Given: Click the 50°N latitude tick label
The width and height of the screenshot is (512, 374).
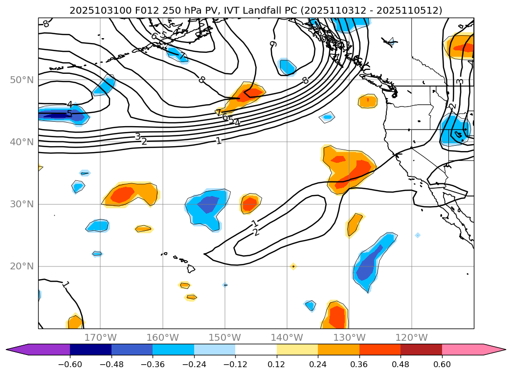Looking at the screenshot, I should [x=23, y=80].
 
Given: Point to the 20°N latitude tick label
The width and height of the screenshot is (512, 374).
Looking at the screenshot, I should [x=23, y=266].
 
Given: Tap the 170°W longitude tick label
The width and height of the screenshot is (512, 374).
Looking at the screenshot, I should [x=100, y=337].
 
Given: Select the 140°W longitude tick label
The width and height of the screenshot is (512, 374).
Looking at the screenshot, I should [x=287, y=337].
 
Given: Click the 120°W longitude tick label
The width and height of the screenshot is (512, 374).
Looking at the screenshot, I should [x=411, y=337].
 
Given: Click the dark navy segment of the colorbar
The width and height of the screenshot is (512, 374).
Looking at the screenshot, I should [x=90, y=349].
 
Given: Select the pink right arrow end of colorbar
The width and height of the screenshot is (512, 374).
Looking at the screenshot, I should [x=494, y=349].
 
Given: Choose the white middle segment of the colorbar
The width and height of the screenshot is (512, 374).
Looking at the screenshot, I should [x=256, y=349].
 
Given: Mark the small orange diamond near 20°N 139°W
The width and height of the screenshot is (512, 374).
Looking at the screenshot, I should [x=293, y=266].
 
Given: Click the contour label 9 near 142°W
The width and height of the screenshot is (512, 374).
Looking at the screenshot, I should [x=273, y=44].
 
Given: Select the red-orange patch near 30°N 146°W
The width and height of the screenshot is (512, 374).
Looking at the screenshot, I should [x=250, y=203].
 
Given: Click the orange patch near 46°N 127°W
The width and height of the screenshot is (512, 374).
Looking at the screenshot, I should [x=368, y=101].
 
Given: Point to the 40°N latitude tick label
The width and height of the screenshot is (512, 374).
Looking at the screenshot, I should [x=23, y=142].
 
